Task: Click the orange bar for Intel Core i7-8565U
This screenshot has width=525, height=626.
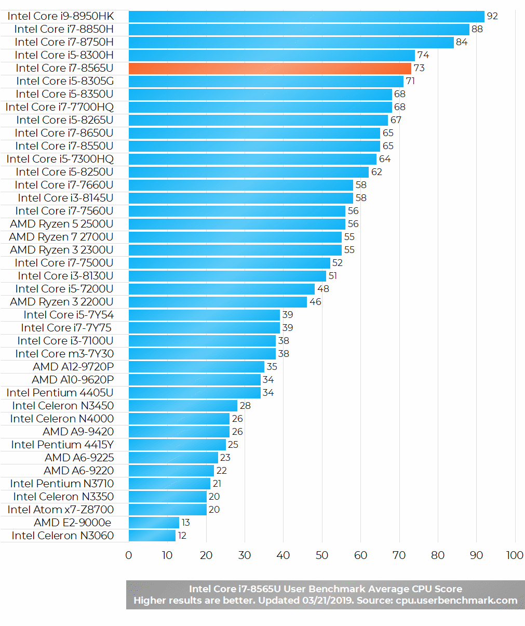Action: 270,69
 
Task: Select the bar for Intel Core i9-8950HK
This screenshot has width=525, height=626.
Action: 306,17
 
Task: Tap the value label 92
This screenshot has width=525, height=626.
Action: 492,16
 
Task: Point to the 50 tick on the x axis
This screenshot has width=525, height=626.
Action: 322,555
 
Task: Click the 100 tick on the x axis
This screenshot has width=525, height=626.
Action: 515,555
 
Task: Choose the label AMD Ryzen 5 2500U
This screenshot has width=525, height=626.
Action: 62,224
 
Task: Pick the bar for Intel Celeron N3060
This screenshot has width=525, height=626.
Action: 152,536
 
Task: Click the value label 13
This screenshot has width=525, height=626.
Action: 186,523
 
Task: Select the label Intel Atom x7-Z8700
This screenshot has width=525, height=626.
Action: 61,510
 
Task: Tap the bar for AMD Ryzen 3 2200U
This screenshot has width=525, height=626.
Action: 218,302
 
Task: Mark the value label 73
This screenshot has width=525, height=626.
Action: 419,68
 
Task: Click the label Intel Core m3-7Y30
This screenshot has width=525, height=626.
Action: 64,354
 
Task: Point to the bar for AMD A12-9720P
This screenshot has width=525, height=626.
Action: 197,367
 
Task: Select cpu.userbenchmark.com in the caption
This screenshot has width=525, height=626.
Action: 456,601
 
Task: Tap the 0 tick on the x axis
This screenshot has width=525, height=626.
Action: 129,555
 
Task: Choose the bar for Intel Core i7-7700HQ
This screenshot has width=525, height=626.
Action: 260,108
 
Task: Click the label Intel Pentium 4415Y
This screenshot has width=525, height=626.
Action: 62,445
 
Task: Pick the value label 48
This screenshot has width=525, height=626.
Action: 323,289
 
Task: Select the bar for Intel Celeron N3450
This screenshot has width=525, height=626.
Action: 183,406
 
